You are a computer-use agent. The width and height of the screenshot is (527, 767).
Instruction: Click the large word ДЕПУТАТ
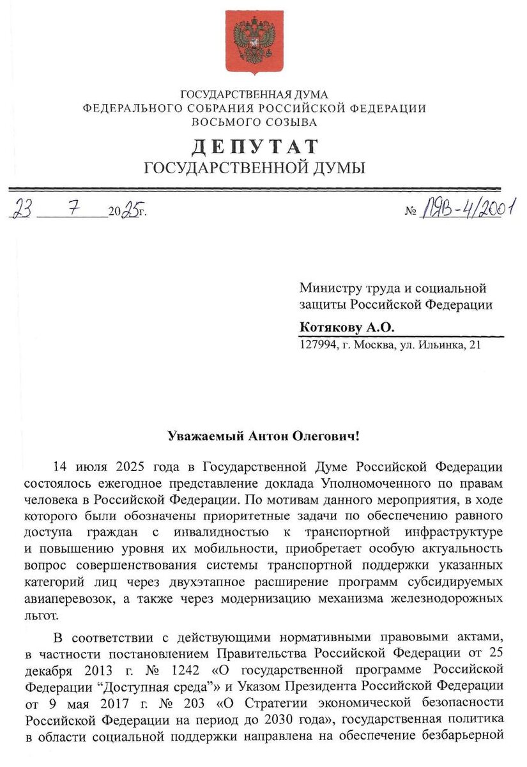[254, 146]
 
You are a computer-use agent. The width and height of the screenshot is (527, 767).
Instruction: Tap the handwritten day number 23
[23, 209]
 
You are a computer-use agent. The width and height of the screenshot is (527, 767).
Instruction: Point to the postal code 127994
[317, 346]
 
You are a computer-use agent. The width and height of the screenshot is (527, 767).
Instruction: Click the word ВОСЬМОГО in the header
[224, 121]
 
